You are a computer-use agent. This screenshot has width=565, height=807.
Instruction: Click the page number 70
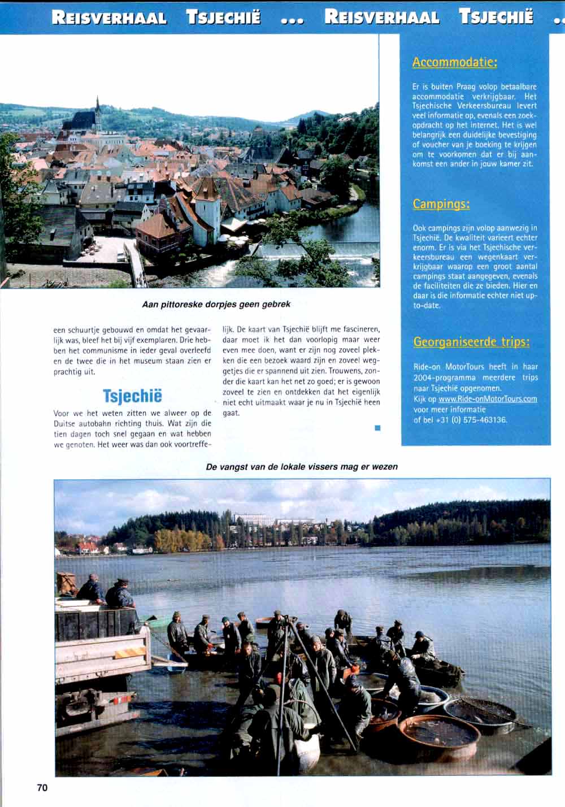click(x=42, y=787)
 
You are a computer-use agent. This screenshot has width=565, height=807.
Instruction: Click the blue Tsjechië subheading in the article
click(x=132, y=396)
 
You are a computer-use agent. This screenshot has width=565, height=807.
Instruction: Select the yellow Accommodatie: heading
click(x=454, y=62)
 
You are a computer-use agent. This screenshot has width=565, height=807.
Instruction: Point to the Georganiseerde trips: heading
click(x=471, y=342)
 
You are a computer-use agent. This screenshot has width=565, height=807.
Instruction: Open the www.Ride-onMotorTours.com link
click(x=488, y=399)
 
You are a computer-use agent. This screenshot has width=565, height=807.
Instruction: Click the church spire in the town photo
click(x=98, y=111)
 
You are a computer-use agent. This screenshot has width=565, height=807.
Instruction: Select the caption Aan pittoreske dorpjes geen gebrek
click(x=216, y=305)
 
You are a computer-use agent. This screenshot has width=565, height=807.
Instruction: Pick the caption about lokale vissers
click(x=302, y=467)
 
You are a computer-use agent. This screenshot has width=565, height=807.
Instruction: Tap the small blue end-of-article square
click(x=377, y=428)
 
